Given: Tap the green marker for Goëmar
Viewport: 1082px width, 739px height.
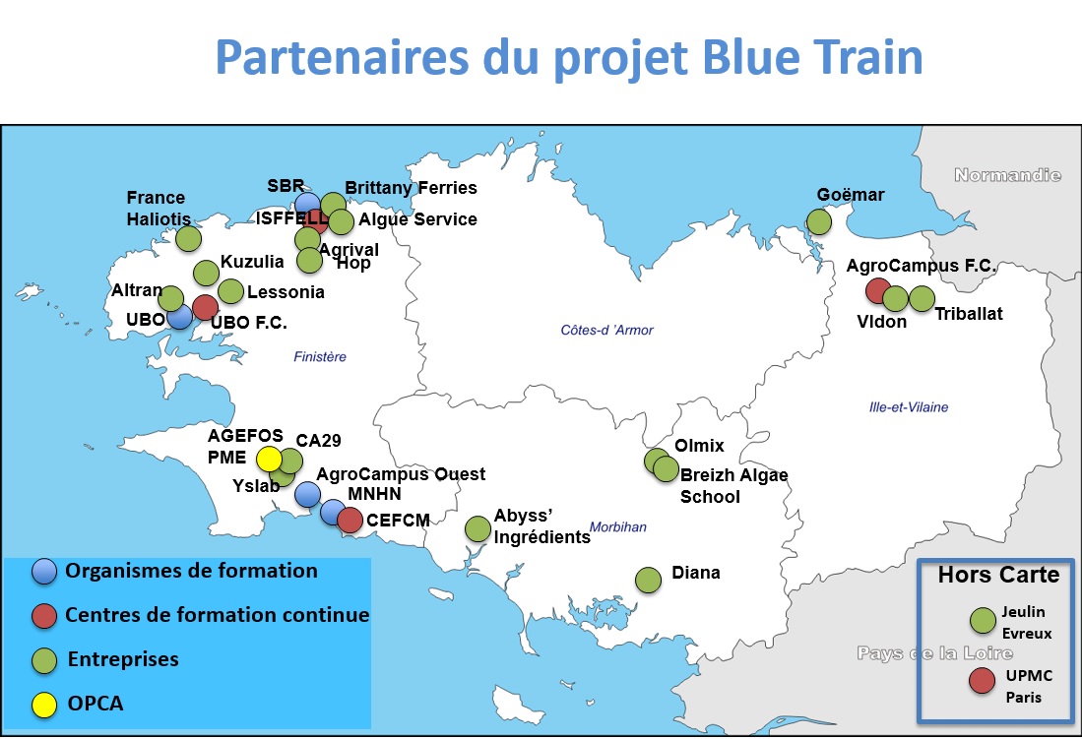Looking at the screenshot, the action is click(x=819, y=222).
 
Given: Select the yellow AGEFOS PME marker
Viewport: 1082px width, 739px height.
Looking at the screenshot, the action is click(x=269, y=459).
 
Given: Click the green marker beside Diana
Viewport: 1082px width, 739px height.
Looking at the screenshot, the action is click(x=648, y=581).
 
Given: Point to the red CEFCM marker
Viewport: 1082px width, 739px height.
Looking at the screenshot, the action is click(x=350, y=521).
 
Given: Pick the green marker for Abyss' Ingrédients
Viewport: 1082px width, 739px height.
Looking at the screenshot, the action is click(x=477, y=529).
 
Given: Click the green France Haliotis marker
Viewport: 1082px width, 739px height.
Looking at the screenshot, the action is click(x=188, y=239).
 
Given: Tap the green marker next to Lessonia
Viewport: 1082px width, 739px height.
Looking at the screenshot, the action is click(x=230, y=291).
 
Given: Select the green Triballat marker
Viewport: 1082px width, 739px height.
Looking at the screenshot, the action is click(x=922, y=299).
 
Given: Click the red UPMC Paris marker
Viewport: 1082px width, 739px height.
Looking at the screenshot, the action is click(x=982, y=680).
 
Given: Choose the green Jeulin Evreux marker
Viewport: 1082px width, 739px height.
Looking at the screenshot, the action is click(x=983, y=620).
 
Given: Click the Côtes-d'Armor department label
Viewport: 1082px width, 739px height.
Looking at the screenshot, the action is click(x=606, y=331).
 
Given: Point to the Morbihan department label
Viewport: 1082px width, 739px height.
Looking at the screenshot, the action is click(x=617, y=527).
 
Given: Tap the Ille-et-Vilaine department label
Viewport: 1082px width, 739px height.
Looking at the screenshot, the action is click(x=909, y=407).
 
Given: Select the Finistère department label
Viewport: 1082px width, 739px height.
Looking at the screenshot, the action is click(x=320, y=357).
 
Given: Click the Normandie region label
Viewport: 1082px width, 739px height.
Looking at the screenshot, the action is click(x=1007, y=175).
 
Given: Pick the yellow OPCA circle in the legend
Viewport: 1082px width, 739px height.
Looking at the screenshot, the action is click(x=44, y=706).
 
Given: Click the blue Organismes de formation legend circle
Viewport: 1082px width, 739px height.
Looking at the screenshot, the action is click(x=44, y=572).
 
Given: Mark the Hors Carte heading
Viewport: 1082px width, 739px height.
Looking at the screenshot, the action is click(x=998, y=575).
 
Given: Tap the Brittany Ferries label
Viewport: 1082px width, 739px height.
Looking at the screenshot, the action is click(x=411, y=188).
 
